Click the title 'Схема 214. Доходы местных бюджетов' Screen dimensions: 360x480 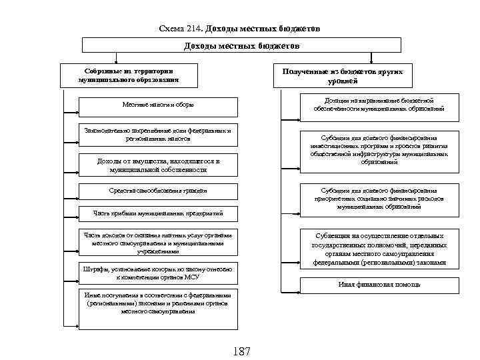[x=240, y=29]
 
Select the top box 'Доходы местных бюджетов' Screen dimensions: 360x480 [x=241, y=45]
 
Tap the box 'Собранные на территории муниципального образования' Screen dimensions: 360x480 [x=128, y=75]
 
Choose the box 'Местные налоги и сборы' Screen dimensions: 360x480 [x=157, y=105]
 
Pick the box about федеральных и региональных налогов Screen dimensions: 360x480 [x=157, y=135]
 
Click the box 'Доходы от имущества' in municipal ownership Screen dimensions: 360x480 [x=157, y=165]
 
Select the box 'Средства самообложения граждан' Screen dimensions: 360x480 [x=157, y=191]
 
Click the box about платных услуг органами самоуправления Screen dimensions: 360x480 [x=157, y=243]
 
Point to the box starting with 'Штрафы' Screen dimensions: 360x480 [x=157, y=272]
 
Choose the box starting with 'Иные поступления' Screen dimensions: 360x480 [x=157, y=303]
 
